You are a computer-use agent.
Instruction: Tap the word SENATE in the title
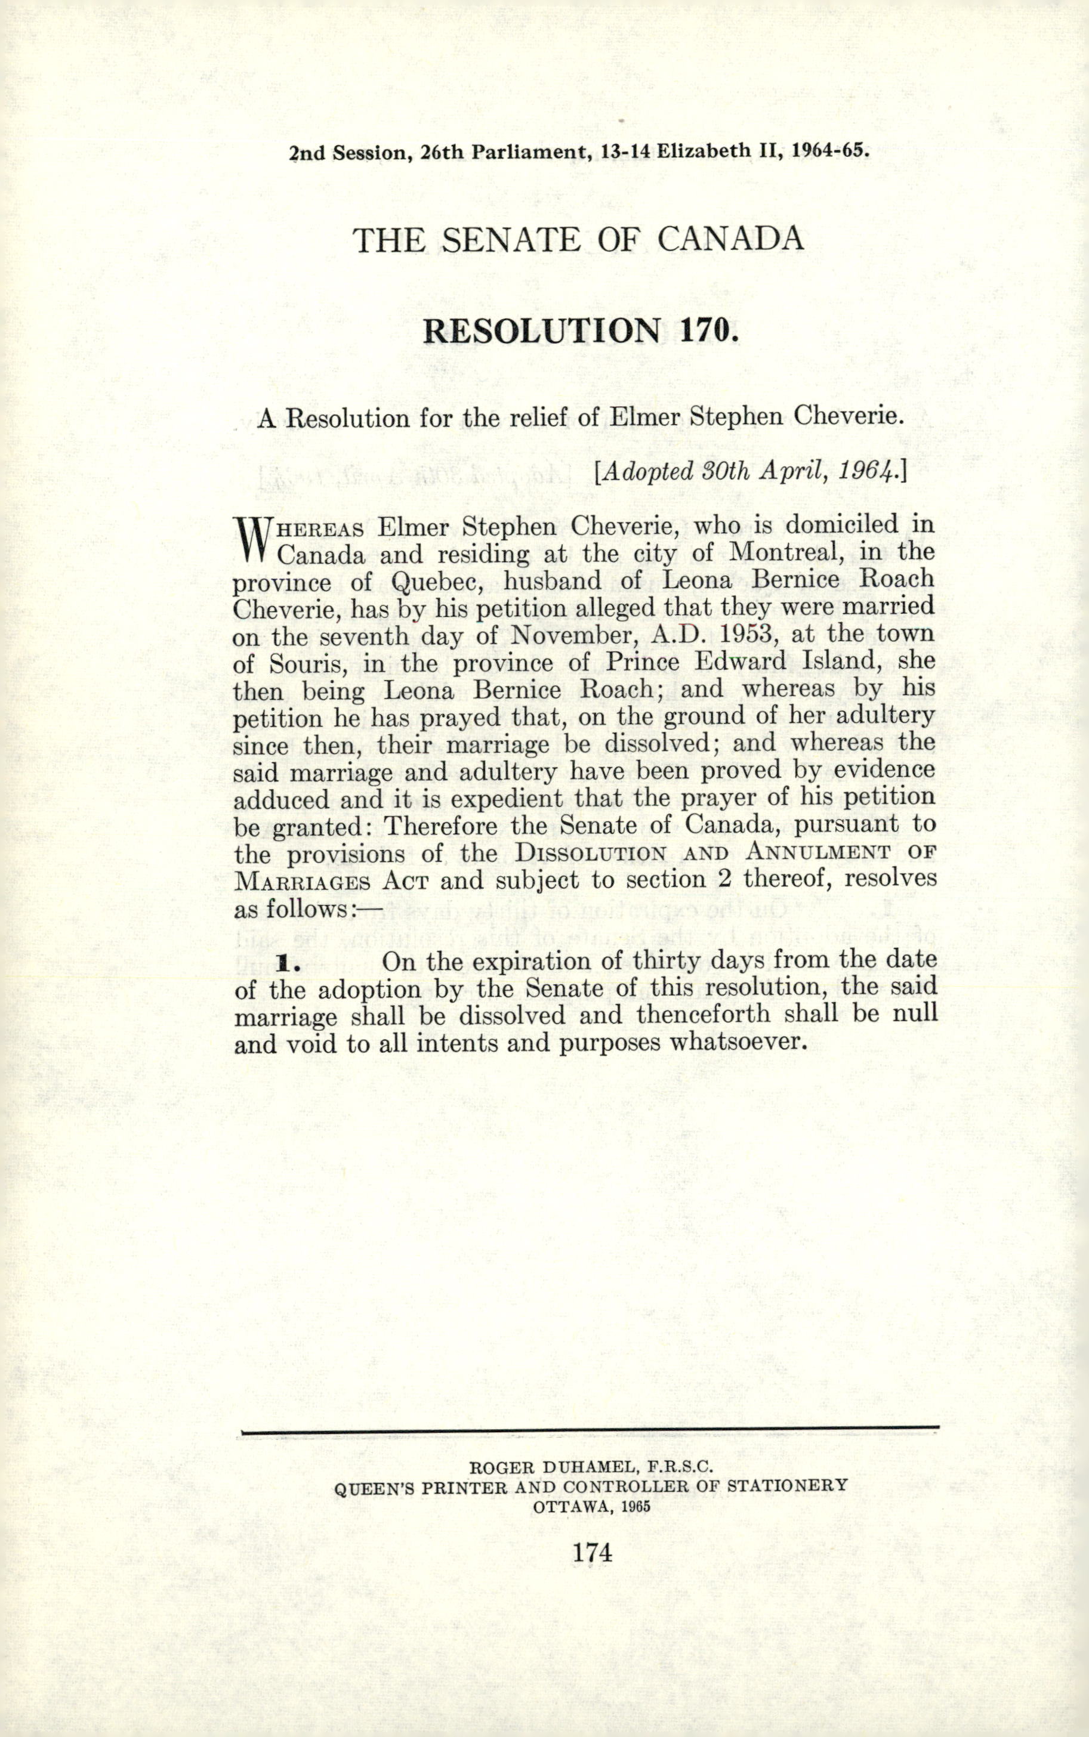point(510,240)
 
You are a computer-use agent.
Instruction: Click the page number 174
point(592,1553)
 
